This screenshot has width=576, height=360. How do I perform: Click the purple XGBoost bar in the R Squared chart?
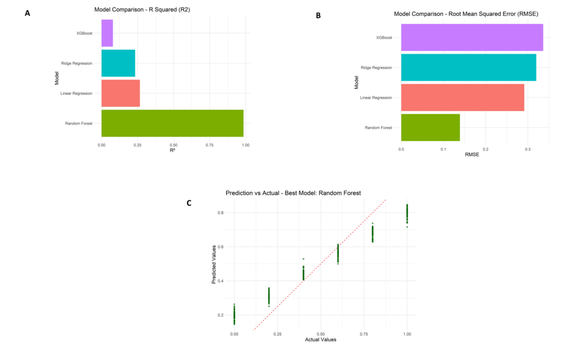107,33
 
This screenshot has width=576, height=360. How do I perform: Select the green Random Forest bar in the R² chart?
172,123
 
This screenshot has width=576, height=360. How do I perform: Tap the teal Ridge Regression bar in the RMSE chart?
468,67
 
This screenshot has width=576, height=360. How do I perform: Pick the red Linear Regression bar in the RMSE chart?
462,98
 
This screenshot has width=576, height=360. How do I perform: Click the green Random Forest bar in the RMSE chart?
430,127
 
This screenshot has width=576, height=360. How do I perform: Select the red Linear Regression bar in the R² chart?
120,94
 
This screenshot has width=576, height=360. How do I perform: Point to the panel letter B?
318,16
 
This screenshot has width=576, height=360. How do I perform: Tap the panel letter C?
189,203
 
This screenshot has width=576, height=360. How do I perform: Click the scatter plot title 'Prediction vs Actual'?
293,193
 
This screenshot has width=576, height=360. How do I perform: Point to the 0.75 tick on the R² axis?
209,144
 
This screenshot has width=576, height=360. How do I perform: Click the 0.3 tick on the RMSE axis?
527,149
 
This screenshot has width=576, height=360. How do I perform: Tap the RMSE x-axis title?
471,155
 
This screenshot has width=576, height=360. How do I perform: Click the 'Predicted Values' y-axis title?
214,264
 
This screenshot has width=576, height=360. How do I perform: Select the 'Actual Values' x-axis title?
320,340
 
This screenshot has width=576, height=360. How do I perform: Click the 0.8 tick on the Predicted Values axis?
221,213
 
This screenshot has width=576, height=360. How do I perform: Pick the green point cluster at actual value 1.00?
407,214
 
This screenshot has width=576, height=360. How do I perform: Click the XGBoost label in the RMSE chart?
384,37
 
